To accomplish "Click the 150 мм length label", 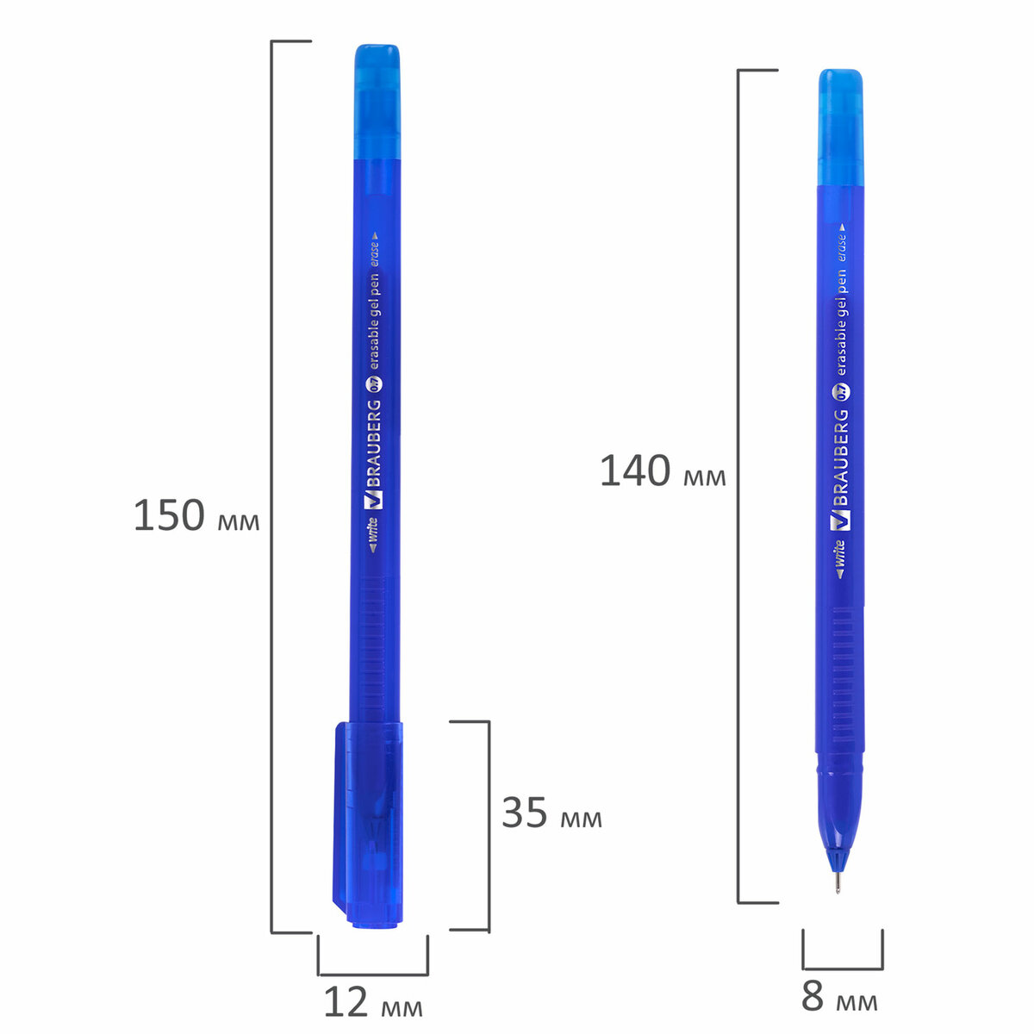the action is (196, 515).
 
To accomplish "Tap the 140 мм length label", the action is (663, 471).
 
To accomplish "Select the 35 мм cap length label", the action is (551, 812).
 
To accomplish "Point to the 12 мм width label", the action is (373, 1001).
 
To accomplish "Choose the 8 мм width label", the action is (839, 996).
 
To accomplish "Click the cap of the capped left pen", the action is (369, 824).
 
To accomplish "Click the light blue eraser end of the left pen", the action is (377, 102).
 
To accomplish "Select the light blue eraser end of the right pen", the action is (840, 128).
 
